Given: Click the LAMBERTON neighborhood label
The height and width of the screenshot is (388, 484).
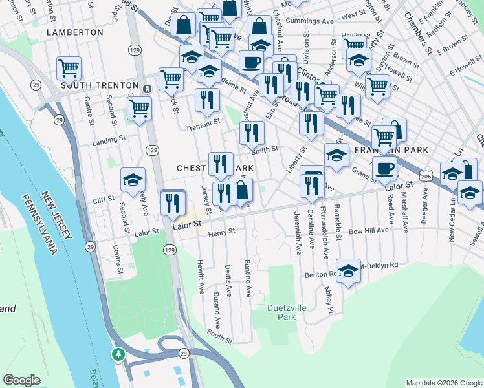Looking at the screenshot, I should (75, 32).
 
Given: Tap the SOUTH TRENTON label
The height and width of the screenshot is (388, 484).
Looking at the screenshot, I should (100, 85).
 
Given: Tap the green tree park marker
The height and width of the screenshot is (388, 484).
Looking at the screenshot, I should (118, 354).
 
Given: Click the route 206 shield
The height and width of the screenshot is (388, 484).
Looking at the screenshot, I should (425, 176).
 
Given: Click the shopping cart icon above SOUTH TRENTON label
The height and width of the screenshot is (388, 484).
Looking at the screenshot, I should (69, 67).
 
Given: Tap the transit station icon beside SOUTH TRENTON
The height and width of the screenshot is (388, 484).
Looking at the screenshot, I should (148, 89).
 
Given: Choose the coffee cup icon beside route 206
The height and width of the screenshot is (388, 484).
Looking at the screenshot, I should (384, 167).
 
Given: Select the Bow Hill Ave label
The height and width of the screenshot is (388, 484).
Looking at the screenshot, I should (387, 230).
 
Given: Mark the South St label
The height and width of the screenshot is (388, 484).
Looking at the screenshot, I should (219, 336).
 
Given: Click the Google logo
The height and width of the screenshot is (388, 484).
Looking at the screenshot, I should (22, 380).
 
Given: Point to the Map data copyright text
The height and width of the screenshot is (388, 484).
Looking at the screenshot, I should (443, 383).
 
